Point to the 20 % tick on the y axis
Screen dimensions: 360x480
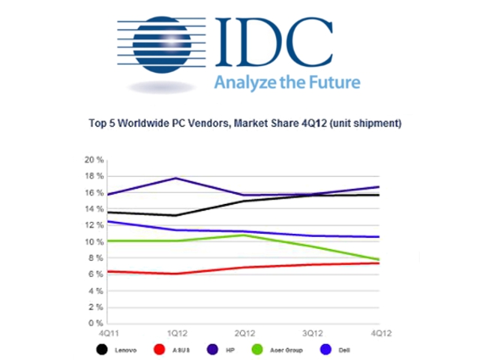coord(94,160)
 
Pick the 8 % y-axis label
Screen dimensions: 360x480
coord(95,258)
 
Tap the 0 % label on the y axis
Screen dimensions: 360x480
coord(95,323)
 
